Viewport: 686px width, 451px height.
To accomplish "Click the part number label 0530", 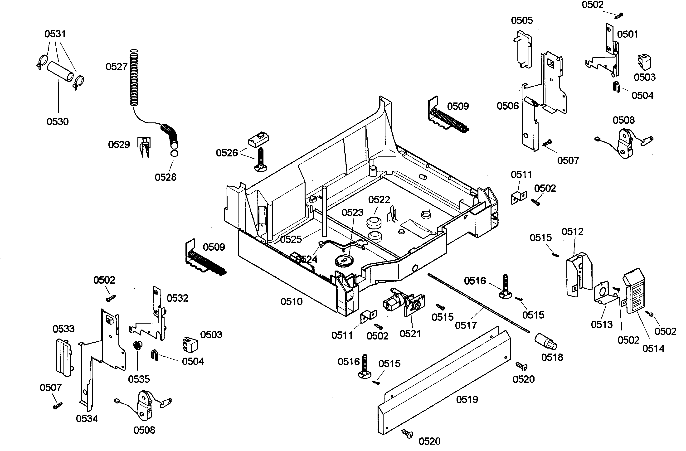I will [57, 122].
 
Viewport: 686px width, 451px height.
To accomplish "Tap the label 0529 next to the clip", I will [119, 144].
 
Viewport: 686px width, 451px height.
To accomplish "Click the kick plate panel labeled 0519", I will [444, 383].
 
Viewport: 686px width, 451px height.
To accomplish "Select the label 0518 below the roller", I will [552, 357].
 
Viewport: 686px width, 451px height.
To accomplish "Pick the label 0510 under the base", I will [292, 302].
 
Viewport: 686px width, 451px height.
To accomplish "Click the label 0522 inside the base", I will [379, 200].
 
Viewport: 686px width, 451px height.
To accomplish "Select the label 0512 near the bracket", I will [572, 231].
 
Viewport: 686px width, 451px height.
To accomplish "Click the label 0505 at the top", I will [522, 20].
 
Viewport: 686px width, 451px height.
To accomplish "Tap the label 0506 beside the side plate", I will [508, 106].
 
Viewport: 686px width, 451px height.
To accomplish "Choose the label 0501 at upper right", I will [627, 34].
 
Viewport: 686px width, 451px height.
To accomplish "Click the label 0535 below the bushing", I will [139, 379].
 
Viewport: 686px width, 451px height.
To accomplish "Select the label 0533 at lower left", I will [63, 329].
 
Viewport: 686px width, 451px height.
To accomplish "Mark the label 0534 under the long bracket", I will [87, 419].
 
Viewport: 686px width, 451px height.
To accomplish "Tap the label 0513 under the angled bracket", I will [602, 325].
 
